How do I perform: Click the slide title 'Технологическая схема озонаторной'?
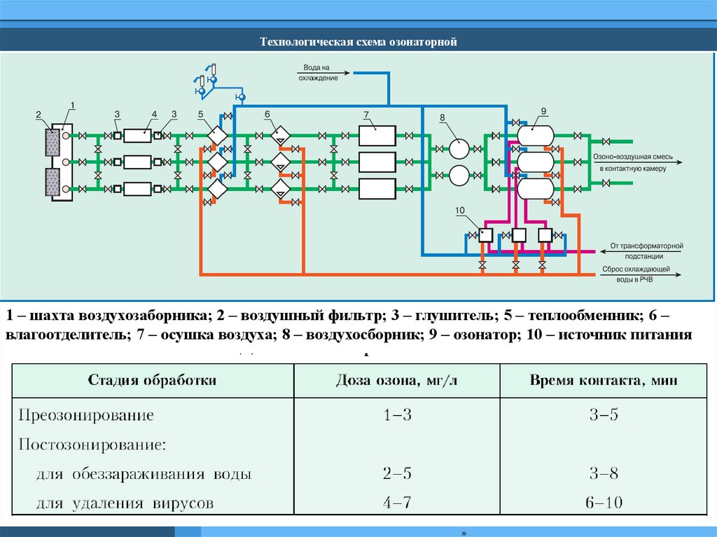[358, 43]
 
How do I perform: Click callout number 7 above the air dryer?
[366, 113]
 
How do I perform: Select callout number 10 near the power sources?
[459, 210]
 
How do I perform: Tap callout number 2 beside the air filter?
[39, 113]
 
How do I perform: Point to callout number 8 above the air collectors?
[443, 118]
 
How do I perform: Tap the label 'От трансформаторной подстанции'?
[646, 251]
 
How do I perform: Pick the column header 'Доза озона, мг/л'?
[396, 380]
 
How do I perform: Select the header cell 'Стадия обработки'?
[152, 380]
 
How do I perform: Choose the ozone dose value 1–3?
[397, 414]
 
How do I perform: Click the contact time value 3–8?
[604, 474]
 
